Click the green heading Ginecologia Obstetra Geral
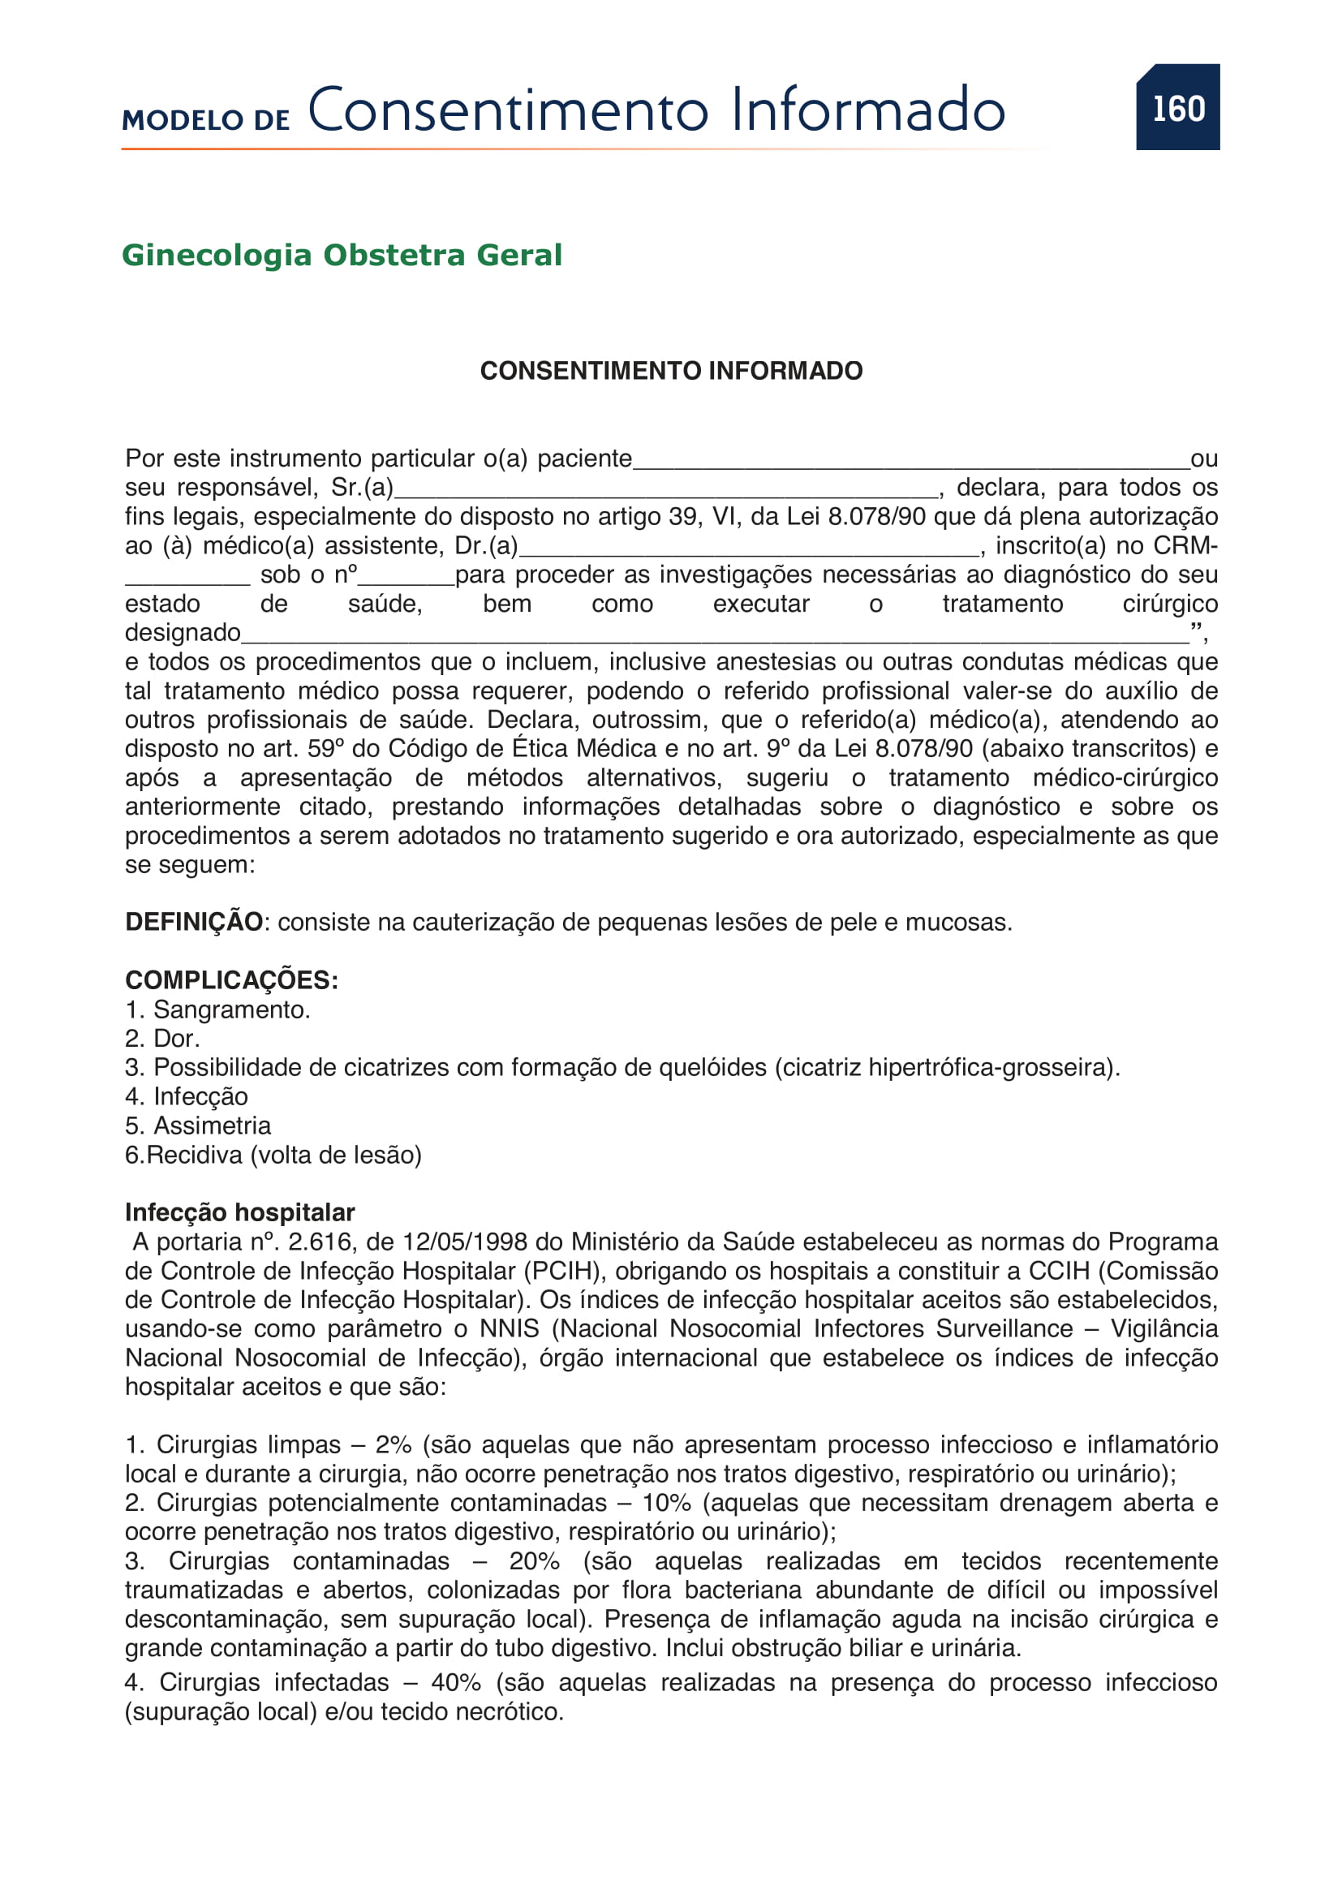(x=342, y=255)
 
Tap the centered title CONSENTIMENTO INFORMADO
(x=671, y=370)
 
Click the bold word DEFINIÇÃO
(x=194, y=922)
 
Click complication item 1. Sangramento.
(x=218, y=1009)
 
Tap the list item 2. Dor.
(x=163, y=1039)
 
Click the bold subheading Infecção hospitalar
(x=239, y=1212)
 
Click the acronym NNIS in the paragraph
(x=509, y=1328)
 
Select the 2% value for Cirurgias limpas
(x=394, y=1444)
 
